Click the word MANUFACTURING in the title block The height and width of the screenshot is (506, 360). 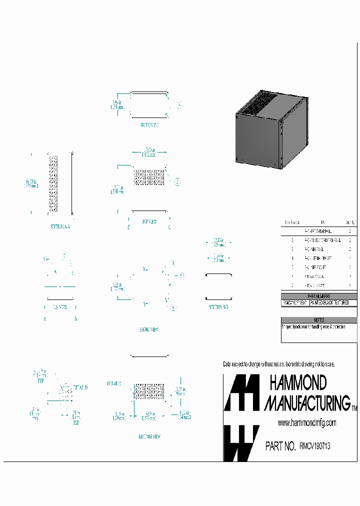pyautogui.click(x=306, y=402)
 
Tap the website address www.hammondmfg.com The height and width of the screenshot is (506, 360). pyautogui.click(x=306, y=423)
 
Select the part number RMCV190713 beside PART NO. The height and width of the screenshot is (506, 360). pyautogui.click(x=314, y=446)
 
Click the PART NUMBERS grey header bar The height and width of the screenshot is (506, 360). pyautogui.click(x=319, y=296)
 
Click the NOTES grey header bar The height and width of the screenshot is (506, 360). pyautogui.click(x=319, y=320)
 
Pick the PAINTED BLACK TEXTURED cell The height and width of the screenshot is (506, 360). pyautogui.click(x=333, y=303)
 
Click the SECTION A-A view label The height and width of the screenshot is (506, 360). pyautogui.click(x=60, y=226)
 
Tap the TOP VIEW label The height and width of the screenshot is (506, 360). pyautogui.click(x=149, y=221)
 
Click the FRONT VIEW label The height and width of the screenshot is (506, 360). pyautogui.click(x=148, y=316)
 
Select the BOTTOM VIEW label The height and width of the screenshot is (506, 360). pyautogui.click(x=149, y=436)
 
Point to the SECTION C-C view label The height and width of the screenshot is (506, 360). pyautogui.click(x=149, y=126)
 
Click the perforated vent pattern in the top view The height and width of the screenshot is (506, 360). pyautogui.click(x=149, y=177)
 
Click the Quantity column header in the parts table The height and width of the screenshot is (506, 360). pyautogui.click(x=350, y=222)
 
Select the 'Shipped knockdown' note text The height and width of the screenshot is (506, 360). pyautogui.click(x=313, y=326)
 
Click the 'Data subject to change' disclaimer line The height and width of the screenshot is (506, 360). pyautogui.click(x=278, y=364)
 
